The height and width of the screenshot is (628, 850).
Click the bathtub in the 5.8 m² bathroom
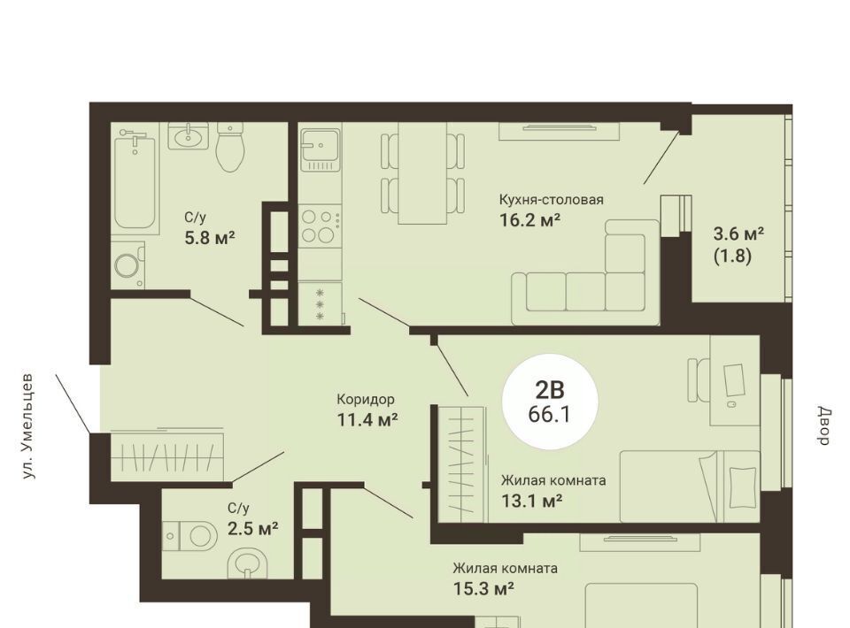click(135, 181)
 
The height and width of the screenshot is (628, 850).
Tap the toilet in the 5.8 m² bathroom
click(230, 147)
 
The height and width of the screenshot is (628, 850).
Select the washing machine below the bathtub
click(128, 265)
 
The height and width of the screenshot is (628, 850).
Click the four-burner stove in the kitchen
click(320, 226)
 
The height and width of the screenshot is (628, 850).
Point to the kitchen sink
click(321, 146)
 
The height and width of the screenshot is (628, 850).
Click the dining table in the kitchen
click(423, 172)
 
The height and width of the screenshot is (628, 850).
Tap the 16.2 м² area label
click(529, 220)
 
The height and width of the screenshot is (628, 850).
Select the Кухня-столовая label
click(551, 199)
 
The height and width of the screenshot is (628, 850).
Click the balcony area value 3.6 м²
click(738, 234)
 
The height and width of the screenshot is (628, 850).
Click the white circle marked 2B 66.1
click(550, 402)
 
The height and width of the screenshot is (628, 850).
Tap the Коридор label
click(366, 400)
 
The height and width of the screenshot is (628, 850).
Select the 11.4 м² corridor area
click(367, 419)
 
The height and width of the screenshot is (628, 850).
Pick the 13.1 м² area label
click(531, 502)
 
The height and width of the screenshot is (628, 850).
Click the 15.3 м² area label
click(483, 588)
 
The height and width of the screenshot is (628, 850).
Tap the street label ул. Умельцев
click(28, 426)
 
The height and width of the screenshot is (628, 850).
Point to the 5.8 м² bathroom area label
click(209, 237)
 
